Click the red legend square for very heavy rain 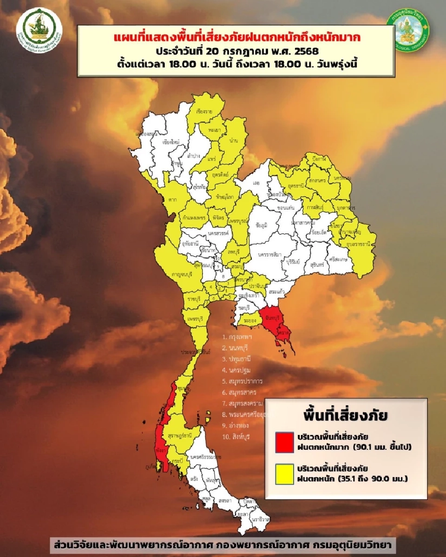[284, 442]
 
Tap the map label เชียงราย [204, 112]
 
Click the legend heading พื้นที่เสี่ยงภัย [345, 414]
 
